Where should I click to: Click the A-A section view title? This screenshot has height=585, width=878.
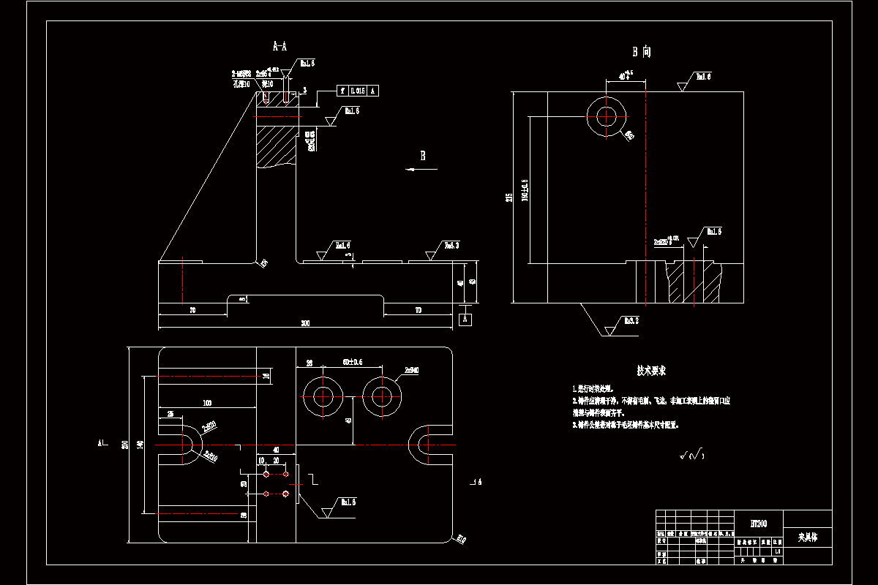[279, 47]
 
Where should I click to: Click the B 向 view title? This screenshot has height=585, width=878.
[642, 52]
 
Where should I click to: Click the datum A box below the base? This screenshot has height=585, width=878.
[465, 319]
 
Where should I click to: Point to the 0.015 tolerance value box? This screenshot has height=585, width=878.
[357, 91]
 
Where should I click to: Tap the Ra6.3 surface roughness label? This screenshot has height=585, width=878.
[452, 246]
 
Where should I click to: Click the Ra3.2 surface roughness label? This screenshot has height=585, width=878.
[631, 320]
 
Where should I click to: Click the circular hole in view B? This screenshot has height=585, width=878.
[607, 116]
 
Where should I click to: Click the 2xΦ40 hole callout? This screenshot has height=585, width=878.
[411, 371]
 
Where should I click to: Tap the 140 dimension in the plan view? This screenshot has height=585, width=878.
[140, 445]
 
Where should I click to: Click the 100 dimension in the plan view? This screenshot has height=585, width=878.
[207, 403]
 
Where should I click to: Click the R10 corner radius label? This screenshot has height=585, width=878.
[461, 540]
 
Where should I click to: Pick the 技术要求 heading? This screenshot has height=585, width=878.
[652, 371]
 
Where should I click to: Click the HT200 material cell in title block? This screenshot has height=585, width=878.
[759, 524]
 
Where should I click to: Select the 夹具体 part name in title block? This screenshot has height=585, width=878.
[808, 537]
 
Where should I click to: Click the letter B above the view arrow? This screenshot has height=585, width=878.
[422, 155]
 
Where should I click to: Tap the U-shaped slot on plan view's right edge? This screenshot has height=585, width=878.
[427, 445]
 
